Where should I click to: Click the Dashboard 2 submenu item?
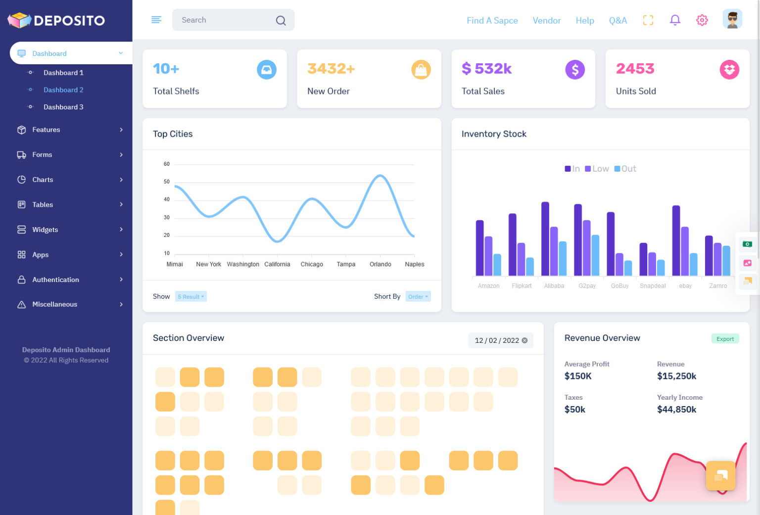[x=63, y=90]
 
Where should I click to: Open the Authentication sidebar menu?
[x=55, y=280]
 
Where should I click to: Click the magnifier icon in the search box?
[x=281, y=20]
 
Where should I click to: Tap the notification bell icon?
[x=675, y=20]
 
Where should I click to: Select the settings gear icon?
[x=702, y=20]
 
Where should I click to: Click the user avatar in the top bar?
[x=732, y=20]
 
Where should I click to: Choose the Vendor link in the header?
[x=546, y=20]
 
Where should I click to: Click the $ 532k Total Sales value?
[x=486, y=68]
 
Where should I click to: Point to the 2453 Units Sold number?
[x=635, y=68]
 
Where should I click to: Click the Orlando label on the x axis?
[x=380, y=264]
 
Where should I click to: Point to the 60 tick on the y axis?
[x=167, y=164]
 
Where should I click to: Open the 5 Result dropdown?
[x=190, y=296]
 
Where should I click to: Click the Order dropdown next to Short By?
[x=418, y=296]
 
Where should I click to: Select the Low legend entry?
[x=597, y=169]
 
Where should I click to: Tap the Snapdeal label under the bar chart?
[x=652, y=286]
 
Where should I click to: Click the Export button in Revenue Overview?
[x=725, y=339]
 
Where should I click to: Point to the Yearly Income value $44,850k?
[x=676, y=409]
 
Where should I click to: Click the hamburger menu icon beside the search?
[x=156, y=20]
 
